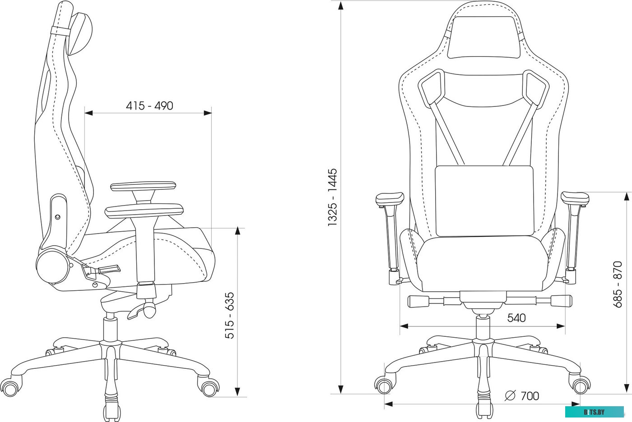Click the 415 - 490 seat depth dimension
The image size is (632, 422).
(x=149, y=106)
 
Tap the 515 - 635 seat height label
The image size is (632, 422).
(x=230, y=315)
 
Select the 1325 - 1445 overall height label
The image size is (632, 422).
(x=333, y=197)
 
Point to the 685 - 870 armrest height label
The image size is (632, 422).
(x=618, y=284)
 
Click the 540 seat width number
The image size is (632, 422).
(x=516, y=318)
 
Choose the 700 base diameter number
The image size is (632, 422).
(x=530, y=396)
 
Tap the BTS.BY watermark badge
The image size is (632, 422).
(x=594, y=412)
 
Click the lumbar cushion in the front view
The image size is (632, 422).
(x=484, y=201)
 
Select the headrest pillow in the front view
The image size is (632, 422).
(x=484, y=37)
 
